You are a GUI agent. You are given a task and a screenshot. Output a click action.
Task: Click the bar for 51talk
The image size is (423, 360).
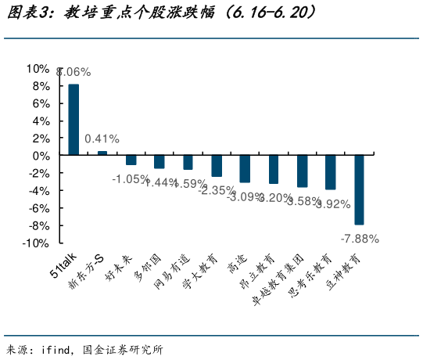tap(73, 120)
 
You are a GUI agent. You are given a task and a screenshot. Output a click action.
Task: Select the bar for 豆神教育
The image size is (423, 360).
tap(359, 189)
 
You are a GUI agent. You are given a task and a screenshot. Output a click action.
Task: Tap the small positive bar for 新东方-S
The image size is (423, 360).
tap(102, 153)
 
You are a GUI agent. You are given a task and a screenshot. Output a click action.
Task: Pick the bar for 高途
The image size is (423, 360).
tap(245, 168)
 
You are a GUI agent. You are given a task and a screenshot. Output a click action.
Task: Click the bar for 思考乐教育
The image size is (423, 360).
tap(330, 172)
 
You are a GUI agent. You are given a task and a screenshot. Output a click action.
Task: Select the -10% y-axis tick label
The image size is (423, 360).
tap(36, 243)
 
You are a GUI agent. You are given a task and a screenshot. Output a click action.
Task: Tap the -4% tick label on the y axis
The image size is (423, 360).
tap(38, 190)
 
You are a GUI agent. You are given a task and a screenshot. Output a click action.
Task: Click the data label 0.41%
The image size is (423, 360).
tap(102, 139)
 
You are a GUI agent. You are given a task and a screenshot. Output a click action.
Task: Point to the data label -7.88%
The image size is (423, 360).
tap(360, 238)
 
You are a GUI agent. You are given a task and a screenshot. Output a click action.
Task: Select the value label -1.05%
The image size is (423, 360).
tap(130, 179)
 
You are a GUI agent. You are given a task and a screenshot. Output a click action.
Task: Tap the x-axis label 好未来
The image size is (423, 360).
tap(120, 267)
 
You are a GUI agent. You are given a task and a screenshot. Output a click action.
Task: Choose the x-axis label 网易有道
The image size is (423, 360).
tap(174, 270)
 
